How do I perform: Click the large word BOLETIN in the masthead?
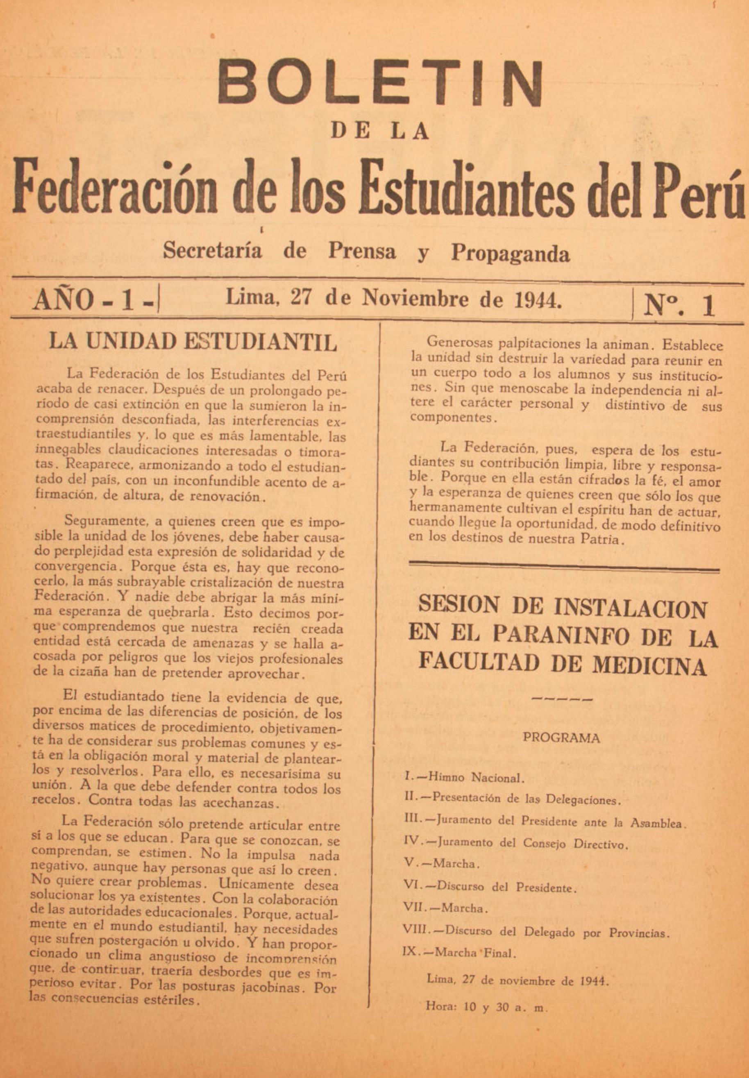tap(381, 83)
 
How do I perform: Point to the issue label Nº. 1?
tap(679, 306)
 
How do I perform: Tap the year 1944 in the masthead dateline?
tap(537, 298)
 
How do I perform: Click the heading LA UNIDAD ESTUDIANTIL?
tap(193, 342)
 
